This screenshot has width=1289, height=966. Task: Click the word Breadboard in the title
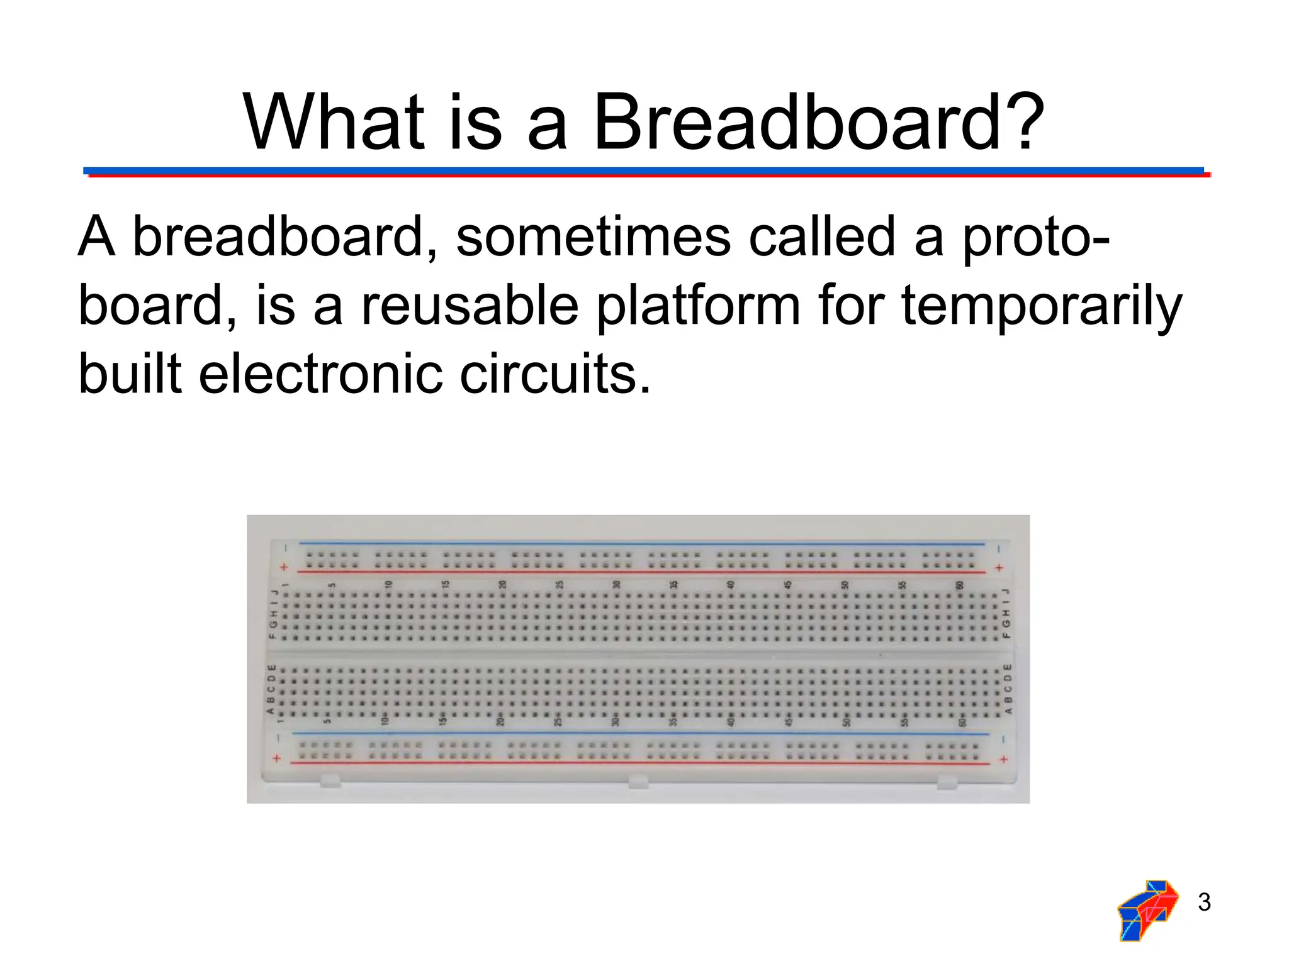(797, 122)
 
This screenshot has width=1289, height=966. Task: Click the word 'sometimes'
(593, 238)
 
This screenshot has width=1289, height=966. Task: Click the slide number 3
(1204, 902)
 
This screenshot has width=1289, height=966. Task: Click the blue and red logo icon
(1147, 910)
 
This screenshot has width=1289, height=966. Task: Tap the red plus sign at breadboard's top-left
(284, 567)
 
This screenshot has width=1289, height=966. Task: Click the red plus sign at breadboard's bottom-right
(1003, 759)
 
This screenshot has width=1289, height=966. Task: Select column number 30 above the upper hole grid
(616, 584)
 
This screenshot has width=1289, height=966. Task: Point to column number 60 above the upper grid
(959, 585)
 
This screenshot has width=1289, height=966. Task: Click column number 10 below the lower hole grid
(385, 719)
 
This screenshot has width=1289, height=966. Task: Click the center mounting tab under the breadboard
(638, 782)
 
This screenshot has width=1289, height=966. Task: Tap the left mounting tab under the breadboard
(330, 781)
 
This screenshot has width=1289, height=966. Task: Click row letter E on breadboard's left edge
(271, 667)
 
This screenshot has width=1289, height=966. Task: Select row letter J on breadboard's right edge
(1006, 592)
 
